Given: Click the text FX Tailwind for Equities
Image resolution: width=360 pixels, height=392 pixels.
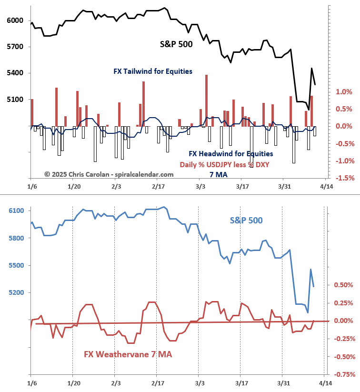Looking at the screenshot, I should (153, 71).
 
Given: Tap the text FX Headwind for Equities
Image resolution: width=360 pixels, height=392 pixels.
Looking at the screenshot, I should (231, 154).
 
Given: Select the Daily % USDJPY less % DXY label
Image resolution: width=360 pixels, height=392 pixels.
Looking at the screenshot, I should (228, 164).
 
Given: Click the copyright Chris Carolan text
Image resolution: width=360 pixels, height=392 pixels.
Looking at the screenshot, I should (109, 174).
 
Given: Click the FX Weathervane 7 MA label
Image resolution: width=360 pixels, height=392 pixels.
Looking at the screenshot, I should (128, 354).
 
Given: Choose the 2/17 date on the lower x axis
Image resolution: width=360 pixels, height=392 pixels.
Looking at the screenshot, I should (157, 383).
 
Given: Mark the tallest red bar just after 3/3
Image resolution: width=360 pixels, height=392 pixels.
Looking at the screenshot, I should (206, 100).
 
